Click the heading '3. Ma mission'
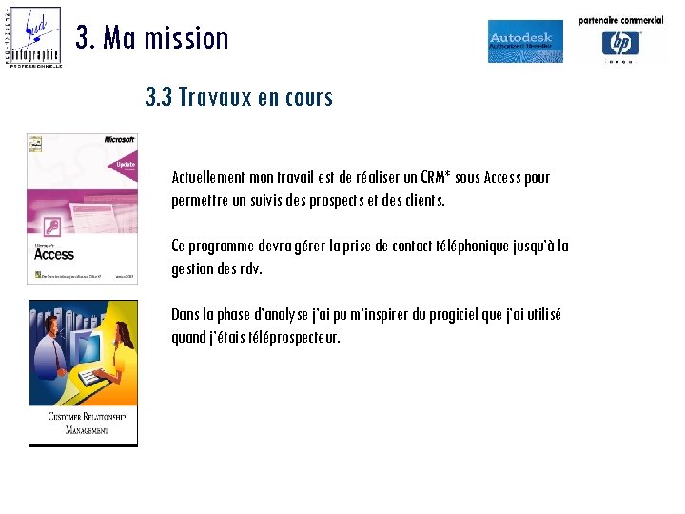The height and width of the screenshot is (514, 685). coord(152,38)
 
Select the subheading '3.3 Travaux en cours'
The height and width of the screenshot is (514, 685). coord(239,97)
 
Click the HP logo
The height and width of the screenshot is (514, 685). coord(621,44)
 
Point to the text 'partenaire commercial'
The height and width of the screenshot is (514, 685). coord(621,20)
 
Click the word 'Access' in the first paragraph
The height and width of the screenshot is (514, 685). coord(501,177)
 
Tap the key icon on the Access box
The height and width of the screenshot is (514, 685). coord(52,226)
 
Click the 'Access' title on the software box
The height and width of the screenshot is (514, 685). coord(54,254)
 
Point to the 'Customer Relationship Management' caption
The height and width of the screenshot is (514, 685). coord(83,424)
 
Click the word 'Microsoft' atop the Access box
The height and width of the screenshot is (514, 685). coord(119,139)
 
